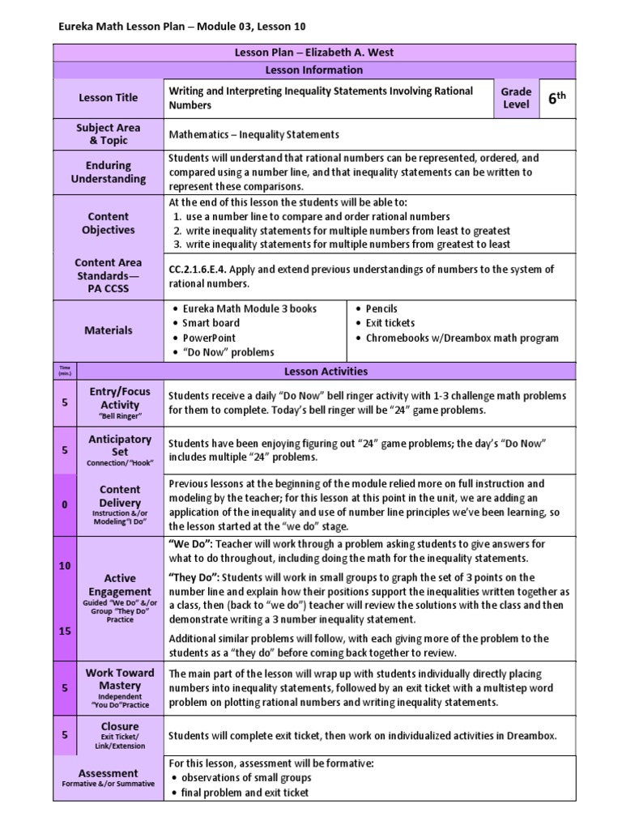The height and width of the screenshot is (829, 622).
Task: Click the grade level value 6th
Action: pyautogui.click(x=556, y=98)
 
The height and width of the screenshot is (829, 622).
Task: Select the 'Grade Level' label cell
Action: pyautogui.click(x=516, y=98)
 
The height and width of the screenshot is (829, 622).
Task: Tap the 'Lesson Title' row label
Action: pyautogui.click(x=108, y=98)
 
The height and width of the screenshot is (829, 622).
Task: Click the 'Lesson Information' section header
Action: pyautogui.click(x=310, y=70)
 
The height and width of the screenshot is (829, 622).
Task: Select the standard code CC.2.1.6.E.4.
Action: pyautogui.click(x=202, y=270)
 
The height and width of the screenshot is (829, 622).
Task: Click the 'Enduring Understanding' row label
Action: pyautogui.click(x=108, y=172)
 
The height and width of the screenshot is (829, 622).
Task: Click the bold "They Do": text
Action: pyautogui.click(x=194, y=577)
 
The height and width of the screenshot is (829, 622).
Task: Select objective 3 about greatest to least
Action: pyautogui.click(x=342, y=244)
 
